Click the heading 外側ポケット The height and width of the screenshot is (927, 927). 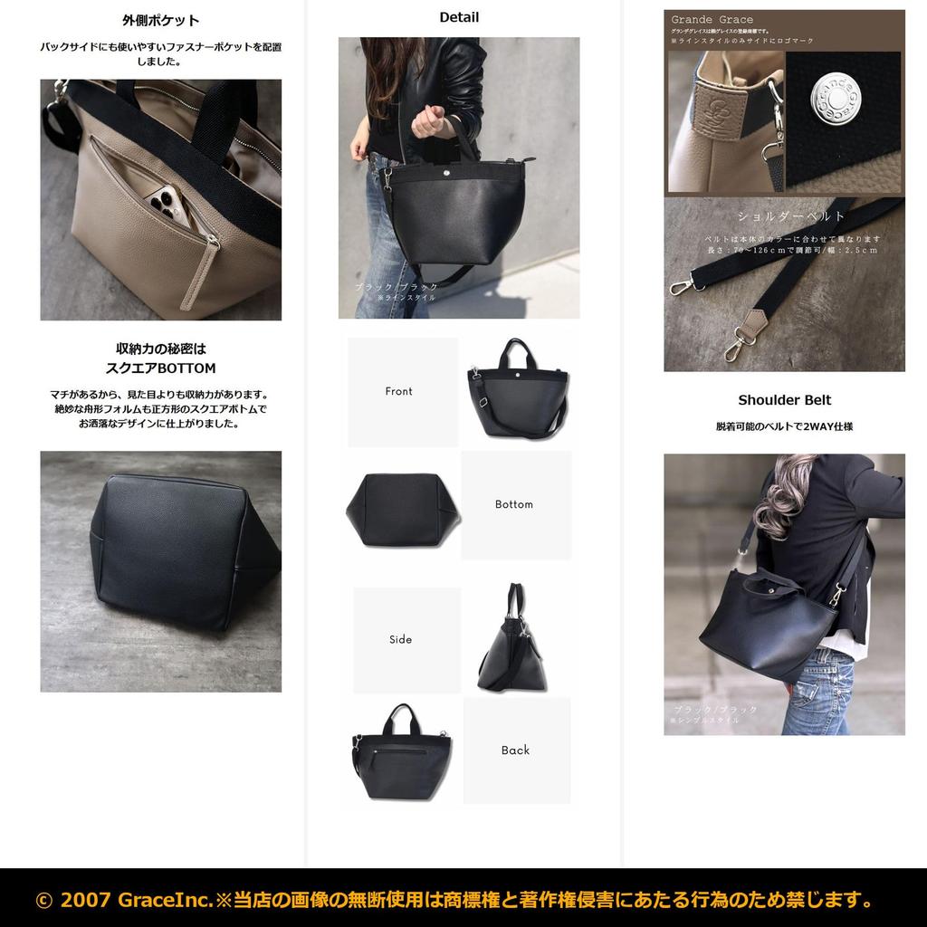coord(161,21)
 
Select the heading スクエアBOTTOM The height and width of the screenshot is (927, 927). coord(161,368)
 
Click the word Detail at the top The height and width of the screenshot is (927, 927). coord(459,17)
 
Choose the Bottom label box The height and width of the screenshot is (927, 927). coord(515,504)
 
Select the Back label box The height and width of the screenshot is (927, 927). coord(516,750)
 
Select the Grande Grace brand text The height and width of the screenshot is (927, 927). coord(712,20)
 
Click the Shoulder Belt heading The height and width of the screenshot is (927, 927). coord(784,400)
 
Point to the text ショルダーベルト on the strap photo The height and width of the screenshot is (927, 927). coord(791,217)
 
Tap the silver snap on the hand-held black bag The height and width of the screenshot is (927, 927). coord(449,169)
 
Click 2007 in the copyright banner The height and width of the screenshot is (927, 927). coord(85,900)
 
